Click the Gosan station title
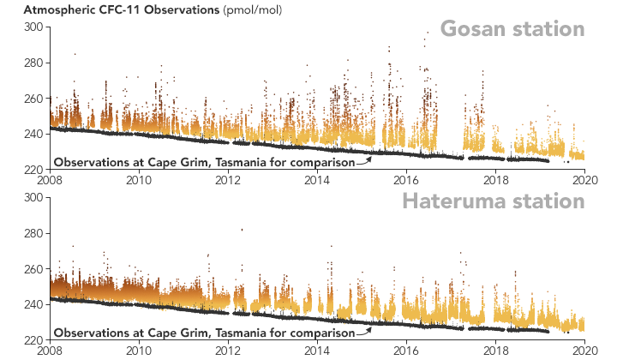click(512, 29)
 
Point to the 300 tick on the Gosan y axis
click(33, 27)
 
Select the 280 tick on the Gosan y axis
click(33, 63)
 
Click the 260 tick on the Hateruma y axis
click(33, 269)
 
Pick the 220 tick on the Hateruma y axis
click(33, 340)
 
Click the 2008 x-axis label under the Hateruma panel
click(50, 350)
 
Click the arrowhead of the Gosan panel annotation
click(370, 156)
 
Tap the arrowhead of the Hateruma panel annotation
click(370, 327)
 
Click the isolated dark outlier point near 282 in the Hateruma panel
click(242, 230)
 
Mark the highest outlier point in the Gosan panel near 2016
click(428, 33)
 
